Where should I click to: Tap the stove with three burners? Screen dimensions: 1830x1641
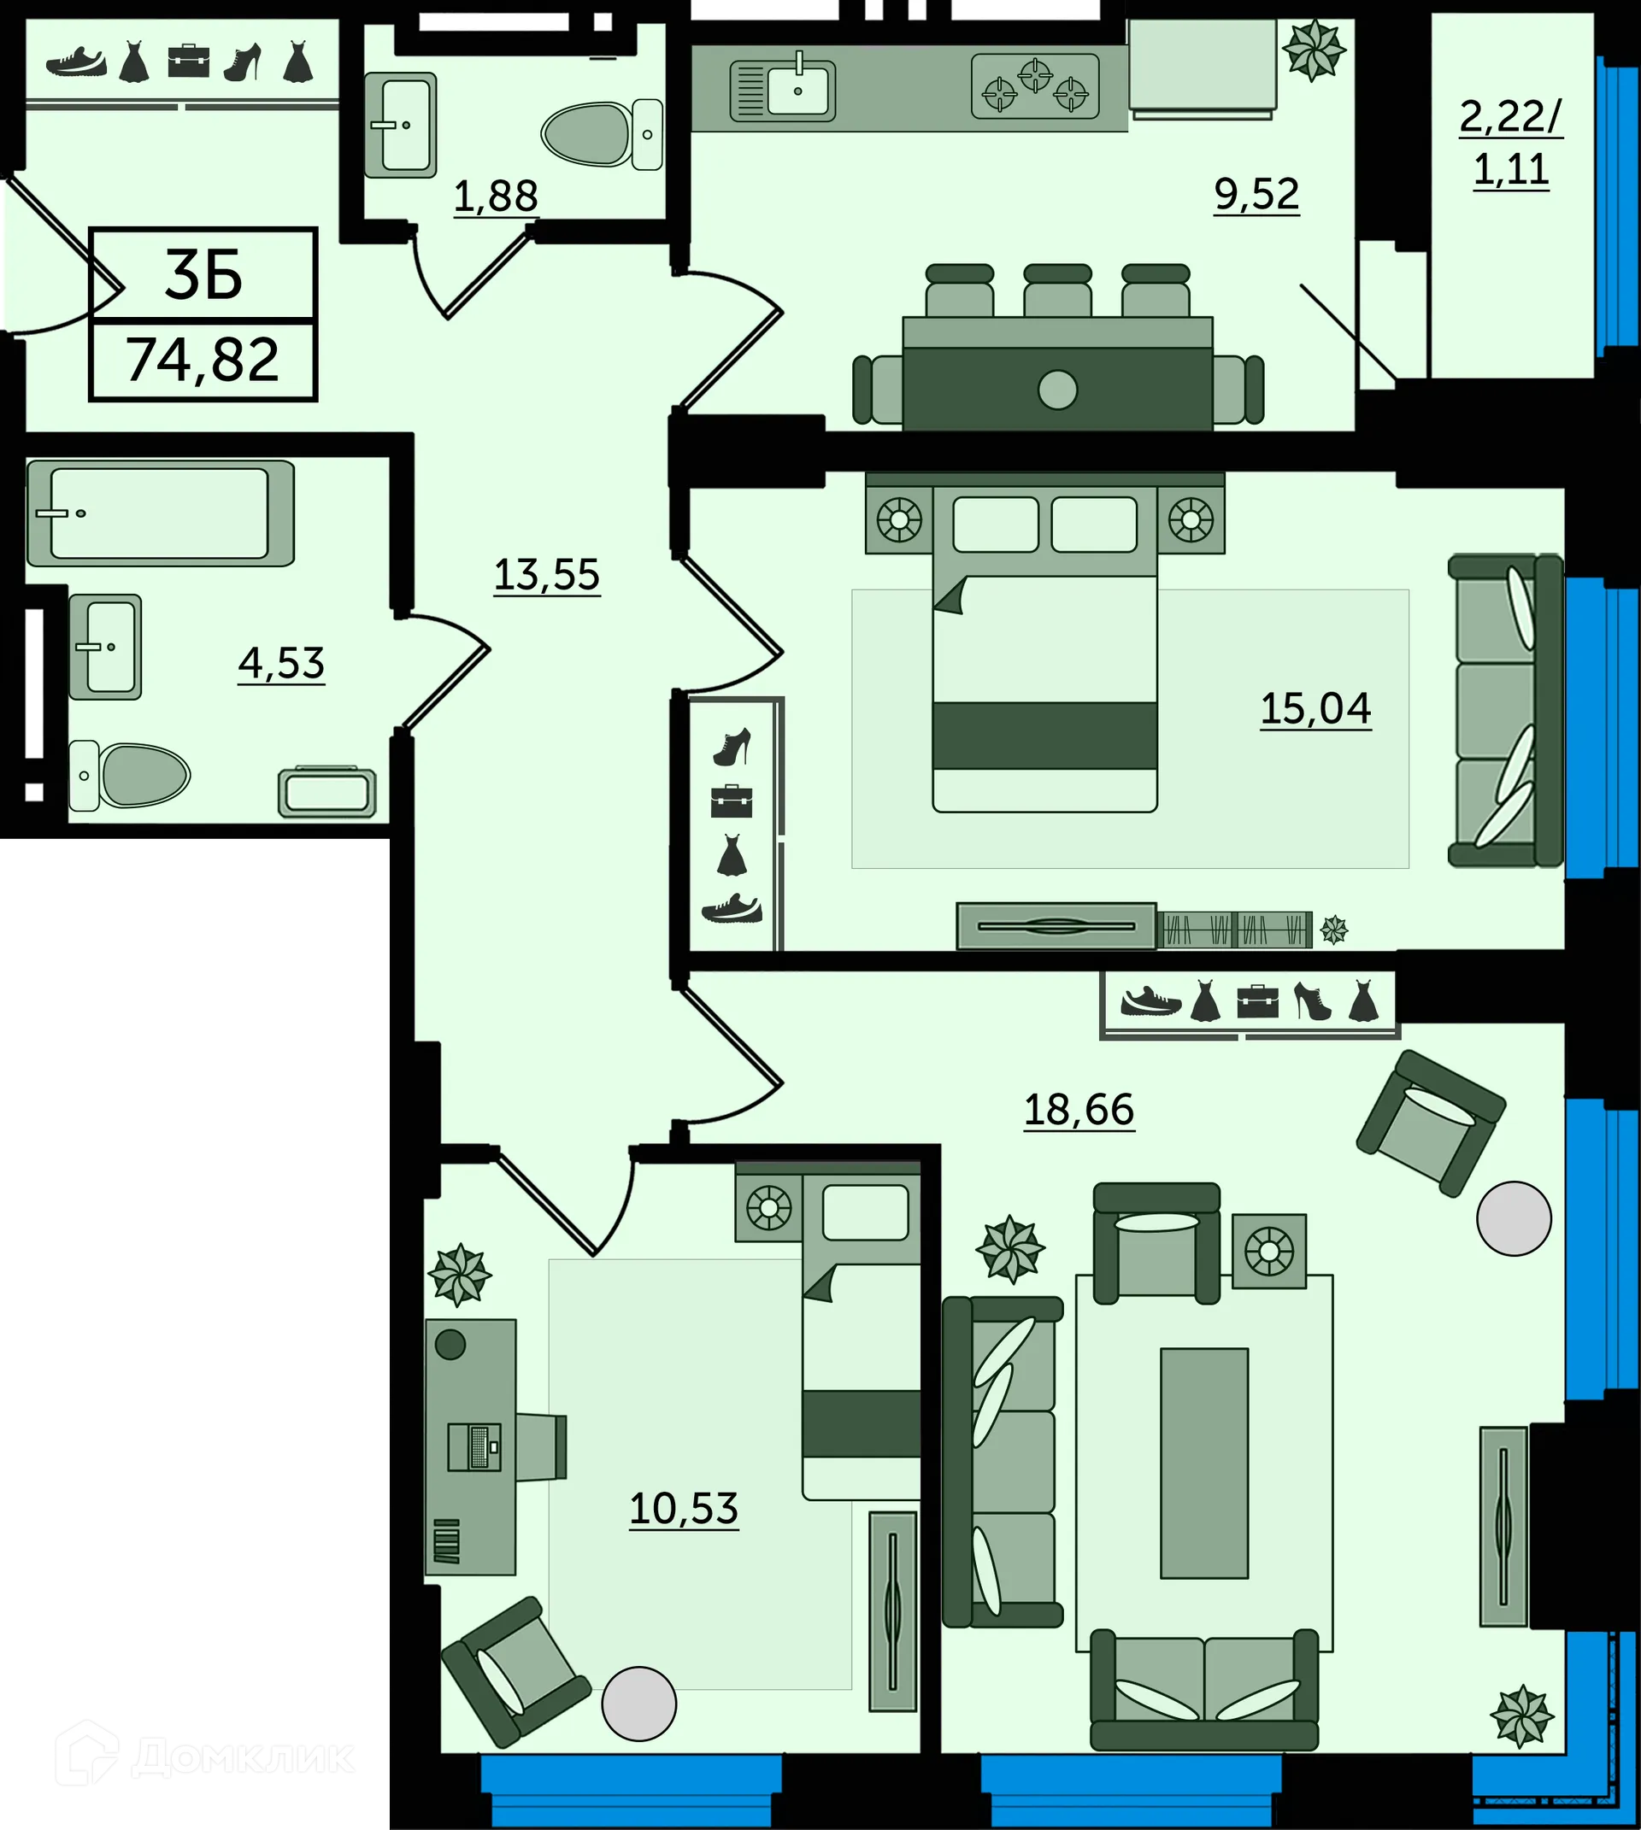tap(1034, 86)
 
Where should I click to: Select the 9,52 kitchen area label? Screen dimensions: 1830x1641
tap(1256, 193)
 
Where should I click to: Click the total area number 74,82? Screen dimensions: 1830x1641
tap(202, 360)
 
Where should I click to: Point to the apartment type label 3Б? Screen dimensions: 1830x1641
tap(203, 275)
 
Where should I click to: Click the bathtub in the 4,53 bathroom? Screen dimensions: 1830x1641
tap(160, 513)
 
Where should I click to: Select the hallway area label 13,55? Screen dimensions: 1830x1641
tap(546, 574)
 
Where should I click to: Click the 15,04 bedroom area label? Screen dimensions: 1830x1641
tap(1315, 707)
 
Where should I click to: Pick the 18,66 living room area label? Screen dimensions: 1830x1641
tap(1079, 1108)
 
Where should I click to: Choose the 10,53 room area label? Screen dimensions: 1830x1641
tap(684, 1507)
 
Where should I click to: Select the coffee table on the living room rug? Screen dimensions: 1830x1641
tap(1203, 1462)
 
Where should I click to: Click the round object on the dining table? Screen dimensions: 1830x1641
tap(1056, 390)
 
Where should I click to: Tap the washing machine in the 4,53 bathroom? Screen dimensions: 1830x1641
tap(326, 792)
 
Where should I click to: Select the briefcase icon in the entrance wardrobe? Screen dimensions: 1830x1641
tap(187, 62)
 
